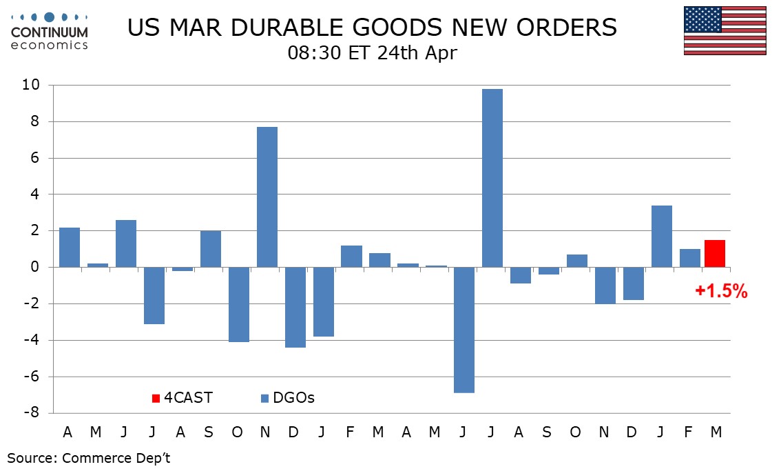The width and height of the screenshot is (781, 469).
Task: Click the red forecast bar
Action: click(715, 253)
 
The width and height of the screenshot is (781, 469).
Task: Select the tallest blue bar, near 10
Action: click(492, 178)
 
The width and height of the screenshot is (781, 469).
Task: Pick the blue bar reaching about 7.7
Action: click(267, 197)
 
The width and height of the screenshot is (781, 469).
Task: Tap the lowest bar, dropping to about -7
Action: click(464, 330)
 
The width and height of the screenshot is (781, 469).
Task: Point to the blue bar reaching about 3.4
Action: click(662, 236)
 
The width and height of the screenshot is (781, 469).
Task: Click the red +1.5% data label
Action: click(721, 292)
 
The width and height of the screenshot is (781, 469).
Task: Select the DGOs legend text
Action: click(294, 397)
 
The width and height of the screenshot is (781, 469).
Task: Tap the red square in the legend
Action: click(156, 398)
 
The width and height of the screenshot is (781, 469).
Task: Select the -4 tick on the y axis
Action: click(37, 341)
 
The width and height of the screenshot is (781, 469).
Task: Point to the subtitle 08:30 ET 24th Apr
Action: click(372, 53)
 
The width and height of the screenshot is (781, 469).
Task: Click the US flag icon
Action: click(725, 30)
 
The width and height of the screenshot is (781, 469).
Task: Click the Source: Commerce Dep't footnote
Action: click(89, 458)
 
